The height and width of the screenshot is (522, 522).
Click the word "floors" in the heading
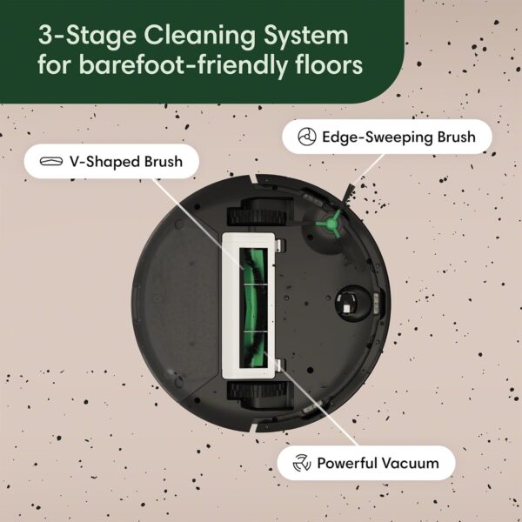pos(327,66)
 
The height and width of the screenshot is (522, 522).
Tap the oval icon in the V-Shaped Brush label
pos(50,161)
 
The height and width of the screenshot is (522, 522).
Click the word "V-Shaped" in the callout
pos(100,161)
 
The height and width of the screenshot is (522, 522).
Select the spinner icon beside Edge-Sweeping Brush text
pos(304,137)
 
